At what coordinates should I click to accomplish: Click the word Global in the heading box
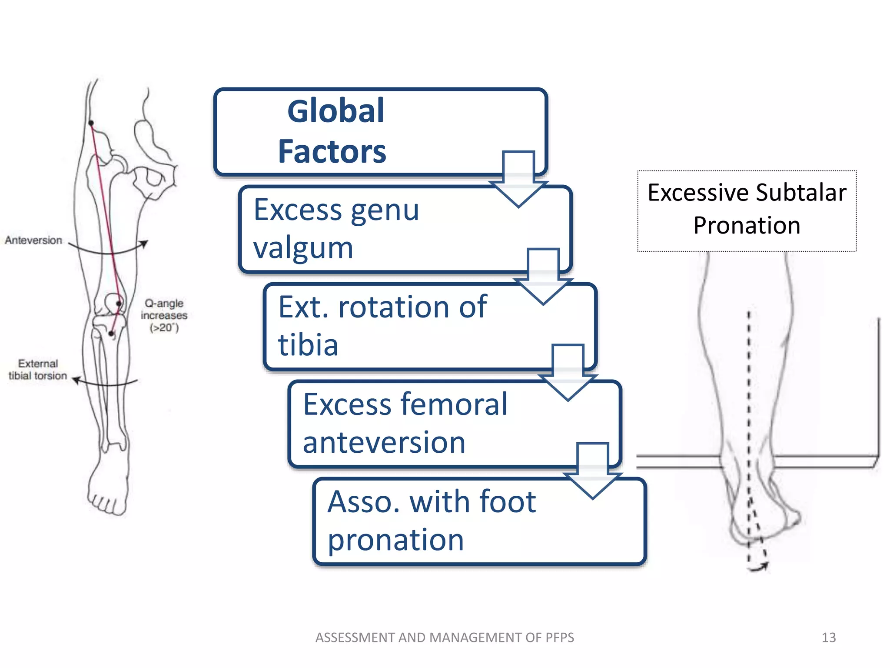pos(335,111)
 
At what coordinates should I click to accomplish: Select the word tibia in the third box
pos(308,345)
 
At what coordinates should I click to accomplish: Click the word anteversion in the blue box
pos(384,442)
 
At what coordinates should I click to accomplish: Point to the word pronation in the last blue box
pos(395,540)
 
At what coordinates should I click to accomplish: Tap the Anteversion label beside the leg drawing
pos(33,240)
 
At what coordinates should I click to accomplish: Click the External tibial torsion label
pos(38,370)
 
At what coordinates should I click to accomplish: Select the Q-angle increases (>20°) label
pos(164,315)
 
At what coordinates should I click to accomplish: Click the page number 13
pos(828,638)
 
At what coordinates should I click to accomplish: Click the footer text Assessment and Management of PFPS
pos(445,638)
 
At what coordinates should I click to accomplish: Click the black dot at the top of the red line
pos(91,123)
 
